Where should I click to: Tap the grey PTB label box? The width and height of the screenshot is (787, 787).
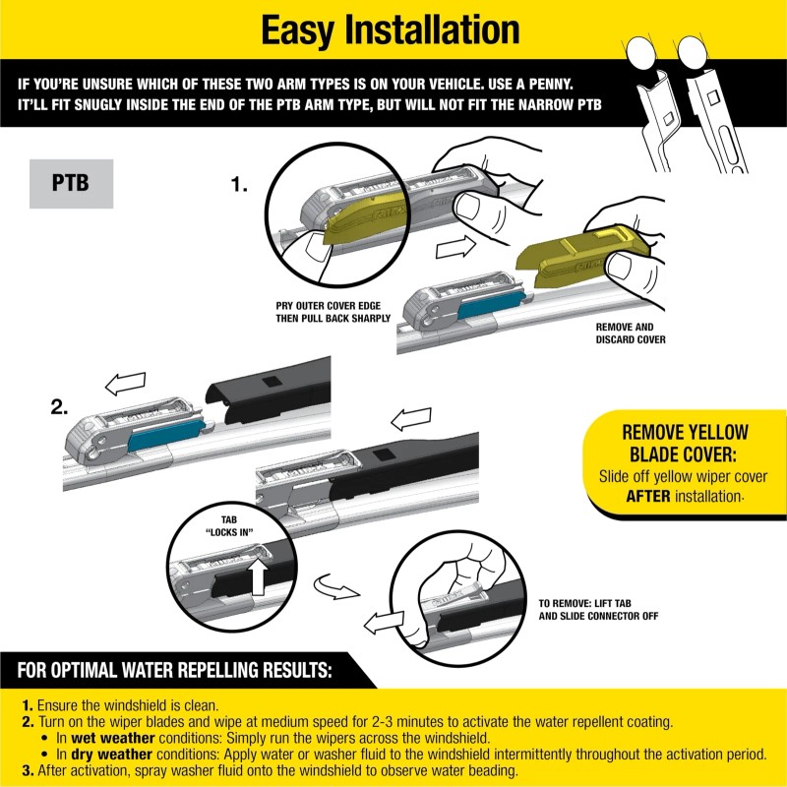point(71,183)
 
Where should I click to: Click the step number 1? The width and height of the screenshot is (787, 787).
point(239,183)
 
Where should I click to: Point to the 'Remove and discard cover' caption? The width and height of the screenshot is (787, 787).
point(631,333)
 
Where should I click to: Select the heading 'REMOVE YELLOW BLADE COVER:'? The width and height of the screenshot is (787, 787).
point(685,443)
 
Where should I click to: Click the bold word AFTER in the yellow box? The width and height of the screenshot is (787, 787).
point(648,496)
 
